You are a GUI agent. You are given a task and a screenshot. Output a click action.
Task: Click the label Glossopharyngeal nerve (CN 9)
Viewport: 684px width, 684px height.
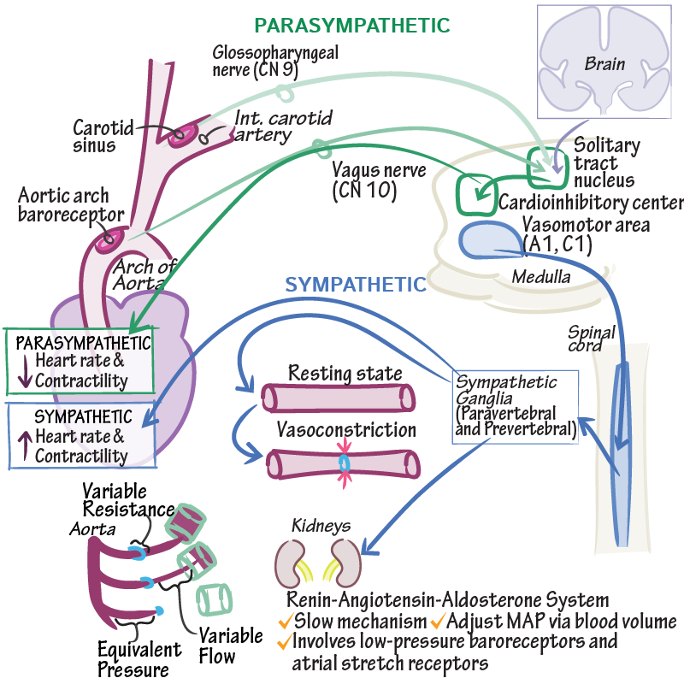tap(275, 61)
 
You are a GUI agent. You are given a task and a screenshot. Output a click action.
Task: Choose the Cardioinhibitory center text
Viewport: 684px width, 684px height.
tap(590, 203)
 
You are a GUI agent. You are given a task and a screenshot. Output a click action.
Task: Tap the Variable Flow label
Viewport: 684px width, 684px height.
tap(231, 646)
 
